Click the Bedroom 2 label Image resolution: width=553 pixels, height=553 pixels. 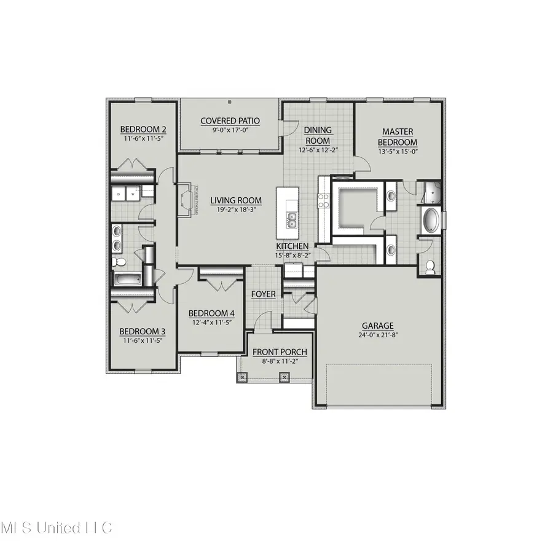coord(143,129)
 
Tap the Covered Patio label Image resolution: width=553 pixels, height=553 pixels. coord(230,121)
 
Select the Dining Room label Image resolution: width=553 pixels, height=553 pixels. coord(318,135)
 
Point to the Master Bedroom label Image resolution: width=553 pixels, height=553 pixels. coord(398,136)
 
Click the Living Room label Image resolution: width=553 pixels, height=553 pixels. coord(236,200)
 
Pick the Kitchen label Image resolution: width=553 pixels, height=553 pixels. coord(292,246)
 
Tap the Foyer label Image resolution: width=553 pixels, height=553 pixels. coord(264,294)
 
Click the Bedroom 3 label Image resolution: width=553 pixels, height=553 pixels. coord(143,331)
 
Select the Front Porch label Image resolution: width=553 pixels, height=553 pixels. coord(280,351)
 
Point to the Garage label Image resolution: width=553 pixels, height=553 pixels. coord(377,326)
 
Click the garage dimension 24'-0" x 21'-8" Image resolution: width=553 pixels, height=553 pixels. coord(377,335)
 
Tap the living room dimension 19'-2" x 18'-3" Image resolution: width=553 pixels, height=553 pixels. coord(236,210)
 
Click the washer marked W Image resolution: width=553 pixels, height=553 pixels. coord(131,194)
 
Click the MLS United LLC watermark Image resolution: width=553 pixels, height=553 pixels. coord(57,527)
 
